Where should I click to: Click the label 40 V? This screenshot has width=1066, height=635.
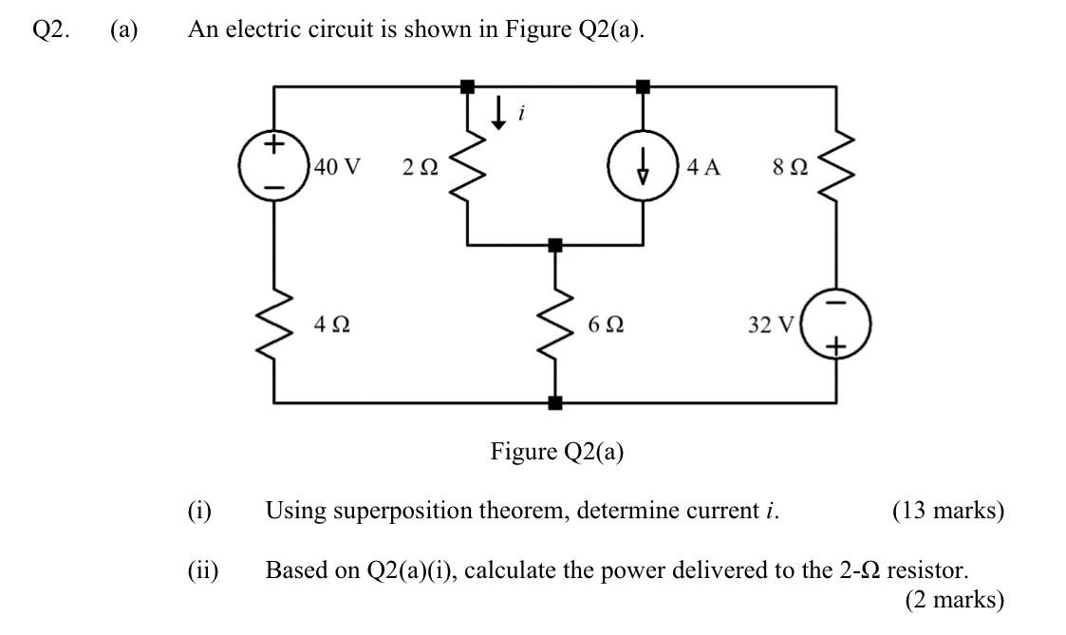pos(337,167)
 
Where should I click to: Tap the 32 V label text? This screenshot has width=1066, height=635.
pos(770,325)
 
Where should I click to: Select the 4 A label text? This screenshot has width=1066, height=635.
pos(703,167)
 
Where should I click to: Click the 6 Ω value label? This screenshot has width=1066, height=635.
pos(606,325)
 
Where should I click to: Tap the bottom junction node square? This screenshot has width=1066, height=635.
pos(555,402)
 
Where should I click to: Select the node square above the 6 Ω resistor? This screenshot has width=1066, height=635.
pos(555,245)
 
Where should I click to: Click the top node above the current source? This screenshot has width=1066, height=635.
pos(644,86)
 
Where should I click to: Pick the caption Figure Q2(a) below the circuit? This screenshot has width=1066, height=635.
pos(556,451)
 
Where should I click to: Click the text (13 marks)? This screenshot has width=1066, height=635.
pos(946,511)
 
